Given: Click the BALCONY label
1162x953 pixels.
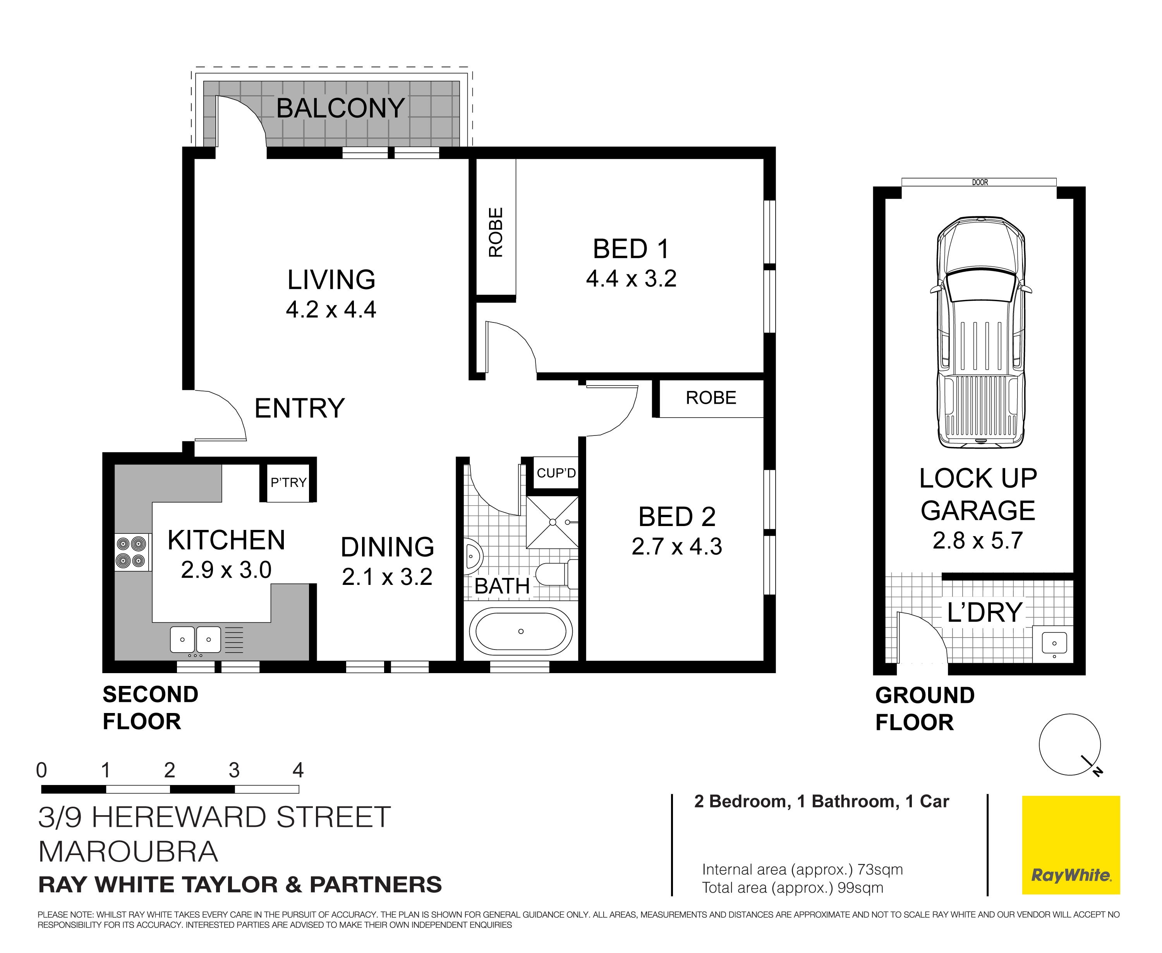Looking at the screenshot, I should point(340,108).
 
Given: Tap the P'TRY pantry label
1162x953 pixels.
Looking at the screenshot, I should point(288,483).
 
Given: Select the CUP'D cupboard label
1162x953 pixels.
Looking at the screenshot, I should point(556,473).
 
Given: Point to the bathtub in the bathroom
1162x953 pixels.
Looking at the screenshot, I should point(520,631).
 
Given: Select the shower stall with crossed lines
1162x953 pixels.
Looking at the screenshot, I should point(553,522).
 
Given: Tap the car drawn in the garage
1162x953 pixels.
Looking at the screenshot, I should point(981,332).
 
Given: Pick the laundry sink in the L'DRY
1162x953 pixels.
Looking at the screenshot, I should point(1054,643).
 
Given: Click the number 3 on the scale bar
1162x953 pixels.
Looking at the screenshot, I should point(234,771).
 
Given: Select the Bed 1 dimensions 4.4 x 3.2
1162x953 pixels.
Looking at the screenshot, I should point(631,279).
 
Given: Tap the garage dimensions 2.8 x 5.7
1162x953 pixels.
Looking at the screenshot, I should point(977,541).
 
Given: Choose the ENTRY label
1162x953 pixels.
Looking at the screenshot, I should point(299,408).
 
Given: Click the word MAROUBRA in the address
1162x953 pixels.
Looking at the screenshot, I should point(128,852).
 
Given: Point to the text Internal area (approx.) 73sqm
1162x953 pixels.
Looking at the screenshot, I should point(802,869).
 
